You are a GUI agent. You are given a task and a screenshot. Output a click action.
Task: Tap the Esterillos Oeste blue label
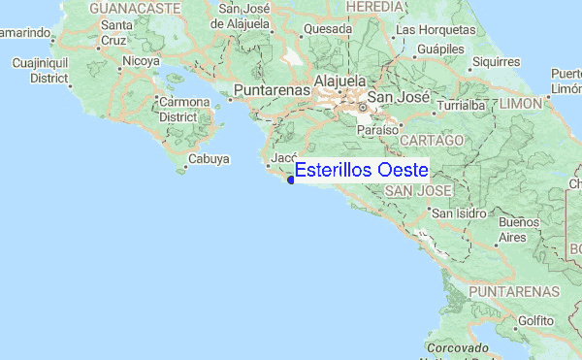tap(362, 170)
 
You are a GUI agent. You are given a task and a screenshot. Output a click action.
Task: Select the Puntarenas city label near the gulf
tap(272, 90)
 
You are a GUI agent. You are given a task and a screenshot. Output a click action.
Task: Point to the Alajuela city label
tap(338, 81)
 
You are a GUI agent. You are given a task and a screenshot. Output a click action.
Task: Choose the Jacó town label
tap(283, 156)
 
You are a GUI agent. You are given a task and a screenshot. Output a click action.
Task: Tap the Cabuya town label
tap(209, 158)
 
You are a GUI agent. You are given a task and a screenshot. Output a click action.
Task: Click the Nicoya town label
tap(141, 60)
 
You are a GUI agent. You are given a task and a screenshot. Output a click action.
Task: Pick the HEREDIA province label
tap(373, 7)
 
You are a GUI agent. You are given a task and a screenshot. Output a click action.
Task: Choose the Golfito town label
tap(534, 319)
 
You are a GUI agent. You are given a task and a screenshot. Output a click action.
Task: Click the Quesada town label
tap(327, 29)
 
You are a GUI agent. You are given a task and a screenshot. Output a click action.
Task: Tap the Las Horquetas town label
tap(436, 29)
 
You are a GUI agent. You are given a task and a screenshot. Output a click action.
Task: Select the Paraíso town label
tap(378, 129)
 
